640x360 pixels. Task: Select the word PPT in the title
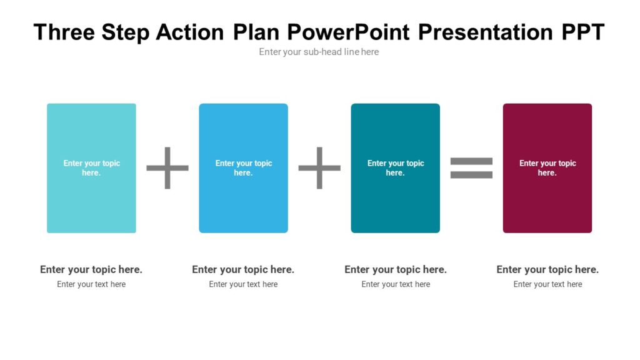[x=582, y=32]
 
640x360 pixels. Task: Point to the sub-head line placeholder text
[x=319, y=52]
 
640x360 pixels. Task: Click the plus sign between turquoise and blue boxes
[x=167, y=167]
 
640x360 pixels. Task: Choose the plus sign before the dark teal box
[x=319, y=167]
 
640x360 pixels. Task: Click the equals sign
[x=471, y=167]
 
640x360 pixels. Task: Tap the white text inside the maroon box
[x=547, y=167]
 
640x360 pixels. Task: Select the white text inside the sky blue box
[x=244, y=167]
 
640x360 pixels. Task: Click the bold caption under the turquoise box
[x=91, y=269]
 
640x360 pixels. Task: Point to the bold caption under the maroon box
[x=547, y=269]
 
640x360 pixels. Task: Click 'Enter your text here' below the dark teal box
[x=396, y=284]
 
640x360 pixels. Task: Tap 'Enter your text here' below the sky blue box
[x=243, y=284]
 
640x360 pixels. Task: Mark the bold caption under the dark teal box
[x=396, y=269]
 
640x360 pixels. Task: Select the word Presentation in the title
[x=485, y=32]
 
